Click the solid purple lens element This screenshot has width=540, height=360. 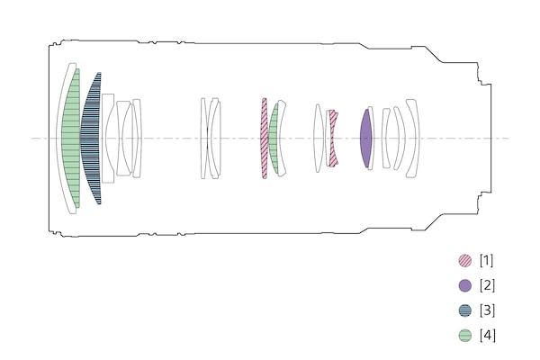coord(365,139)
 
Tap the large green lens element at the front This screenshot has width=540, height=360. coord(72,139)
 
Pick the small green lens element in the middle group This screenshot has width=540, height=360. coord(274,139)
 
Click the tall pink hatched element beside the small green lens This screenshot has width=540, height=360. coord(264,139)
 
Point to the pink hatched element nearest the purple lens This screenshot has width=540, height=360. coord(333,139)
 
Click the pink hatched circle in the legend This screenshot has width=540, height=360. coord(465,260)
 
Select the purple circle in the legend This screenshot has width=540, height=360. coord(465,285)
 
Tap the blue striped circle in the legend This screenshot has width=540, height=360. coord(465,310)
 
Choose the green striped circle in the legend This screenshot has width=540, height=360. coord(465,335)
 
